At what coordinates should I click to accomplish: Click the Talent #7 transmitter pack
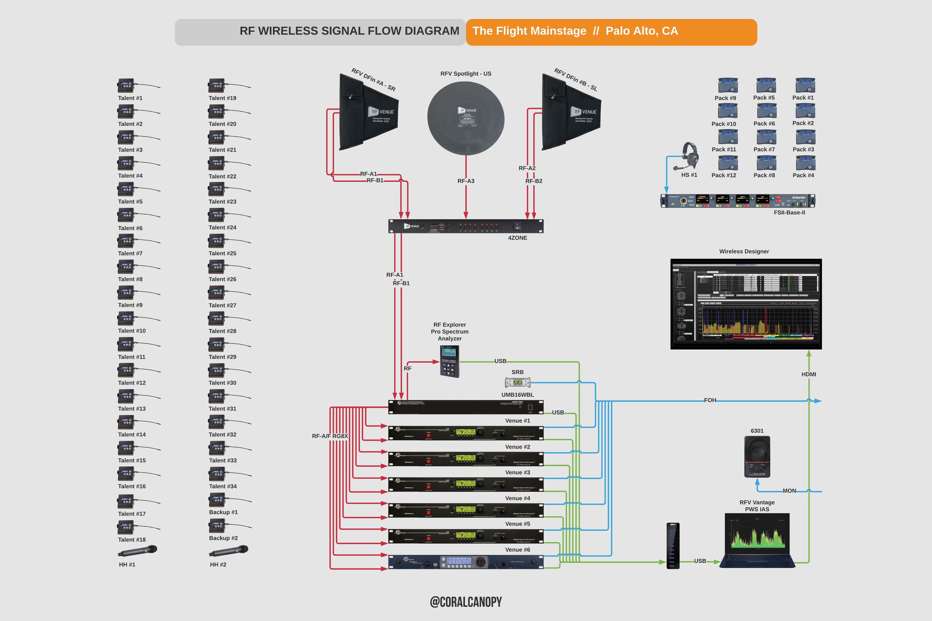tap(126, 241)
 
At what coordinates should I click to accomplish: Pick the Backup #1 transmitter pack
tap(217, 500)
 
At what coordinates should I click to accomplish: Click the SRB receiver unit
tap(517, 383)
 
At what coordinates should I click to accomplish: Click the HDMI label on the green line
tap(808, 374)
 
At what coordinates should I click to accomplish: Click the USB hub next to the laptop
tap(673, 546)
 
